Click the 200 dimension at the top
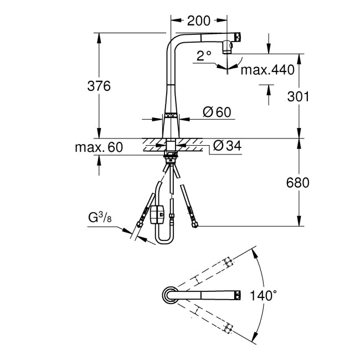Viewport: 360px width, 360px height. tap(199, 21)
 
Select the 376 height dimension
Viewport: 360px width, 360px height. tap(100, 86)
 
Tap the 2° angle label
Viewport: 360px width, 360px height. tap(204, 55)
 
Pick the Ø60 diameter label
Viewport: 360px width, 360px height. tap(217, 112)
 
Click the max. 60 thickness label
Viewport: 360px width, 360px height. tap(100, 147)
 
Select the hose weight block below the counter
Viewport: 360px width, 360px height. tap(157, 213)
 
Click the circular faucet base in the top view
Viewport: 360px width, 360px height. tap(169, 295)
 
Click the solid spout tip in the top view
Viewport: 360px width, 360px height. tap(238, 295)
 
